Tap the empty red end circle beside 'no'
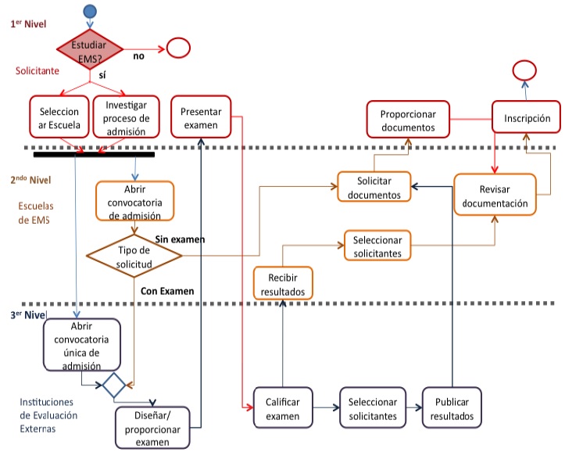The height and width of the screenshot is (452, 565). pyautogui.click(x=178, y=48)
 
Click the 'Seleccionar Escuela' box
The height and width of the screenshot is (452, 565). pyautogui.click(x=58, y=117)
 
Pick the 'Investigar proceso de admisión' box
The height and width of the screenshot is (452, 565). pyautogui.click(x=126, y=117)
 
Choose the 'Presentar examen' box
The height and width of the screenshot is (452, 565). pyautogui.click(x=202, y=117)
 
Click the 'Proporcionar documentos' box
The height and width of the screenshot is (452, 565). pyautogui.click(x=408, y=120)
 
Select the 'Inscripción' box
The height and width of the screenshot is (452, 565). pyautogui.click(x=527, y=120)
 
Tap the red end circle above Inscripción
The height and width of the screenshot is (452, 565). pyautogui.click(x=523, y=70)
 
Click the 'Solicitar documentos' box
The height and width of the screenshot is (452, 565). pyautogui.click(x=374, y=188)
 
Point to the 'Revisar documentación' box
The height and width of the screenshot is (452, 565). pyautogui.click(x=495, y=196)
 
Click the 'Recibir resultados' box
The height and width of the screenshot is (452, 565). pyautogui.click(x=283, y=283)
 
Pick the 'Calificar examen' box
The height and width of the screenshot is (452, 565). pyautogui.click(x=282, y=408)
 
